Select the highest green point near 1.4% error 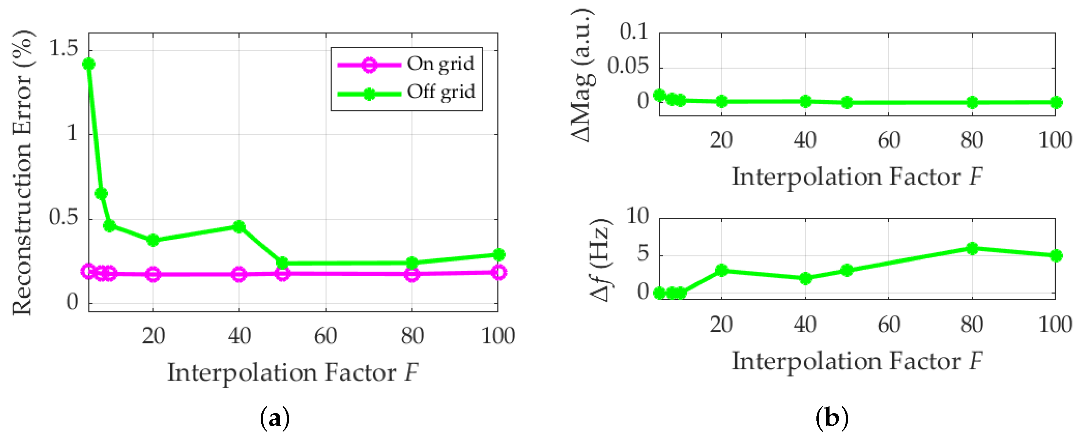89,64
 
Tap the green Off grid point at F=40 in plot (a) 239,227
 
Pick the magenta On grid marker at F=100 498,272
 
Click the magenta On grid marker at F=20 153,274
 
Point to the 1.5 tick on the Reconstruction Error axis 63,49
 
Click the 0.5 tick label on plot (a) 63,218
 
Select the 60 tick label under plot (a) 326,336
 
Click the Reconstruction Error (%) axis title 22,172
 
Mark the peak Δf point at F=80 972,248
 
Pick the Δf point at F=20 721,270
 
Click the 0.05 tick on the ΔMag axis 627,66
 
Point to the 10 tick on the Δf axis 637,217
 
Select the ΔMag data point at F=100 1056,102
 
